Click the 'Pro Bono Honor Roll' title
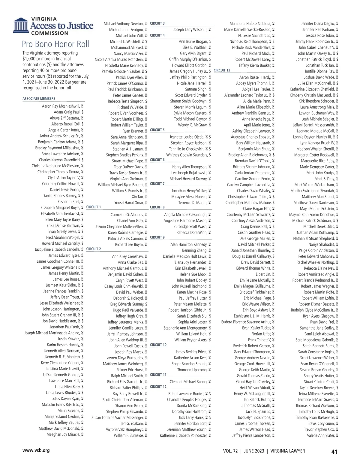click(55, 44)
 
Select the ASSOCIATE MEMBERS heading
click(39, 98)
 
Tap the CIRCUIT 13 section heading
click(222, 70)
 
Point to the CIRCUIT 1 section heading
click(94, 207)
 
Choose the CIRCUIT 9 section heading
click(157, 237)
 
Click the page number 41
click(334, 452)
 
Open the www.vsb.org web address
click(36, 450)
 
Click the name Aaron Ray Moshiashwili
click(61, 106)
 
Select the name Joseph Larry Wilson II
click(190, 30)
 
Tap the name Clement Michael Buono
click(188, 382)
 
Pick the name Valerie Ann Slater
click(320, 435)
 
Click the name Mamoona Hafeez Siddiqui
click(250, 24)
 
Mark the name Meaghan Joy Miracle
click(63, 434)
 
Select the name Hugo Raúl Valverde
click(128, 310)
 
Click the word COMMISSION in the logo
click(50, 33)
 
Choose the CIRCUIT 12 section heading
click(158, 387)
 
